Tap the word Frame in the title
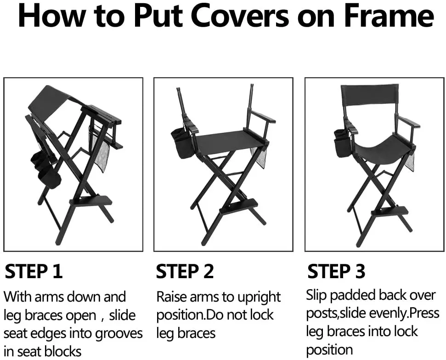point(389,16)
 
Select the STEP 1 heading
point(34,271)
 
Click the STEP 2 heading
point(185,271)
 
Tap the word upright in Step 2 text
point(259,297)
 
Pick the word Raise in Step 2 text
point(172,297)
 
